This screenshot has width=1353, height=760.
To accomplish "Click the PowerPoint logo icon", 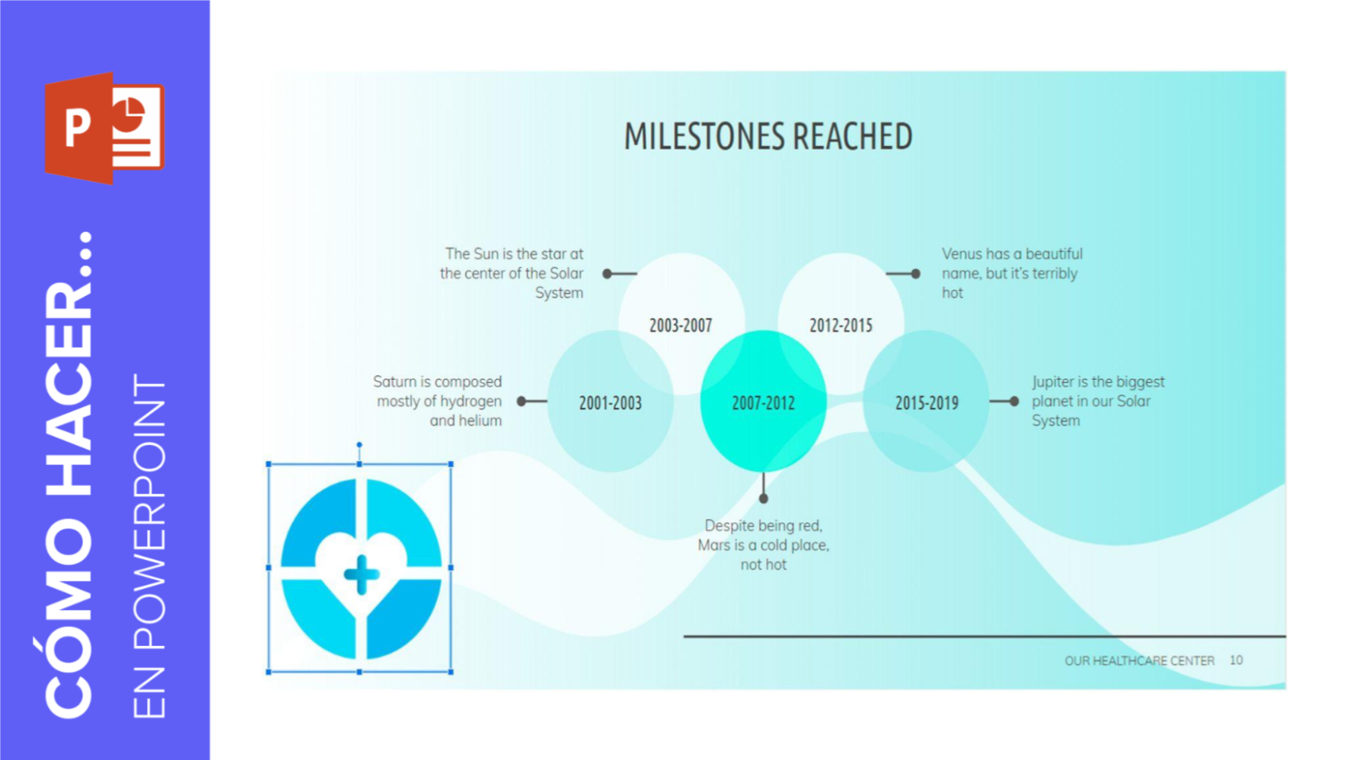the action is point(104,128).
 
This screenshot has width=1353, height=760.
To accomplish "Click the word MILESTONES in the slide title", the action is point(704,137).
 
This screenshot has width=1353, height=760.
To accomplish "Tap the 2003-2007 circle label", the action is point(681,326).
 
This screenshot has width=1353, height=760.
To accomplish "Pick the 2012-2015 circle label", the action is point(841,326).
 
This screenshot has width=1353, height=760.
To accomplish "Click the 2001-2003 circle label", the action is point(610,403).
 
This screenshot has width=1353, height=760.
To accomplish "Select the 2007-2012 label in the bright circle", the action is point(763,403).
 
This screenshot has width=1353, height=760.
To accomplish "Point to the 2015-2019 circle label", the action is point(927,403).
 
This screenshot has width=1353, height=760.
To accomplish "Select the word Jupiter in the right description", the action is point(1052,383).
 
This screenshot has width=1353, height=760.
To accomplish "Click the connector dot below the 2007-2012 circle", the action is point(763,499).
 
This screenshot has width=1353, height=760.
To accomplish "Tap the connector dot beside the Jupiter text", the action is point(1014,402).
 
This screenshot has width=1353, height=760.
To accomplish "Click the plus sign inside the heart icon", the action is point(362,574).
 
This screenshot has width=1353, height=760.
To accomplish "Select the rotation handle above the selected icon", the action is point(359,444).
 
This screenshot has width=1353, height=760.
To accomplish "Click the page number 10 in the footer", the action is point(1236,660).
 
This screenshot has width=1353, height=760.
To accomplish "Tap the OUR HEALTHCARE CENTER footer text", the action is point(1139,661).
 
